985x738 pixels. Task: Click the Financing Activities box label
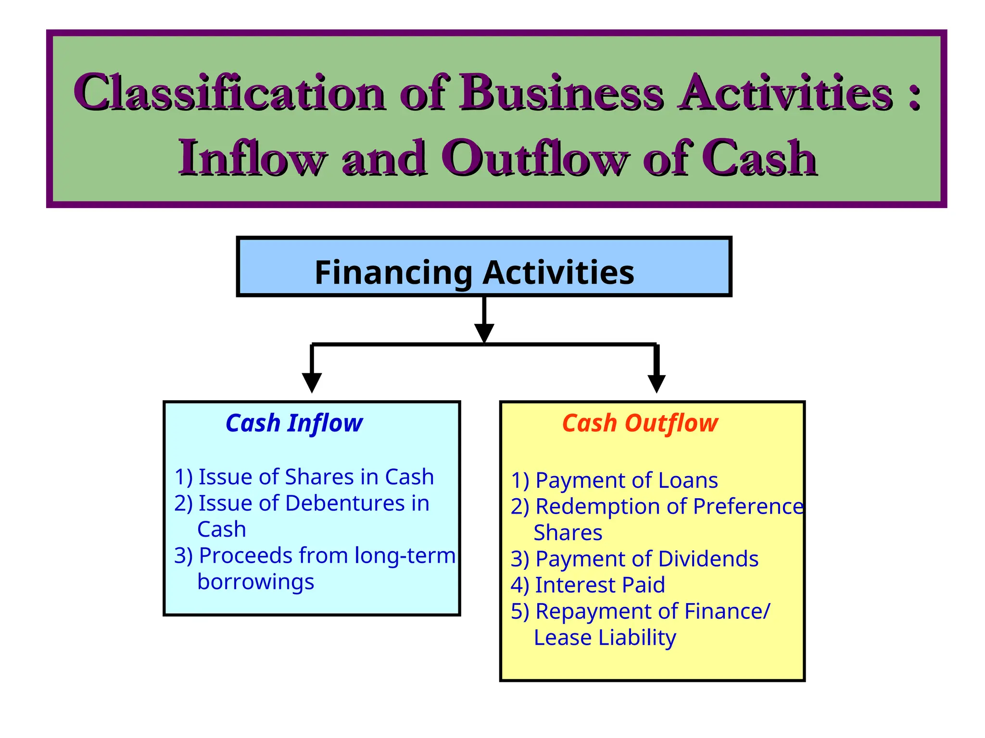[474, 272]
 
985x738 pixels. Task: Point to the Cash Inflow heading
[294, 423]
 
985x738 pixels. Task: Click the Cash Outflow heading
[640, 423]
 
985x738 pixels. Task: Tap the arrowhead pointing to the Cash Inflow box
[312, 382]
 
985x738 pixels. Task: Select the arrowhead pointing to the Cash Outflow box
[657, 383]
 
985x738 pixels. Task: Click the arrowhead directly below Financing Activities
[484, 332]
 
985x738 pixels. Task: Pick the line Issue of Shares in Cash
[304, 477]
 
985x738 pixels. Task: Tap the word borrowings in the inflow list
[255, 582]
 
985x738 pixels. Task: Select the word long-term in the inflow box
[405, 555]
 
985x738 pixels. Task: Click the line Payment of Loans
[614, 480]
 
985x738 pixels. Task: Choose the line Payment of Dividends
[634, 559]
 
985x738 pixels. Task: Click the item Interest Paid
[588, 585]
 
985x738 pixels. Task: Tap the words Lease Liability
[605, 638]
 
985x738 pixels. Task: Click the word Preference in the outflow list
[748, 506]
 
